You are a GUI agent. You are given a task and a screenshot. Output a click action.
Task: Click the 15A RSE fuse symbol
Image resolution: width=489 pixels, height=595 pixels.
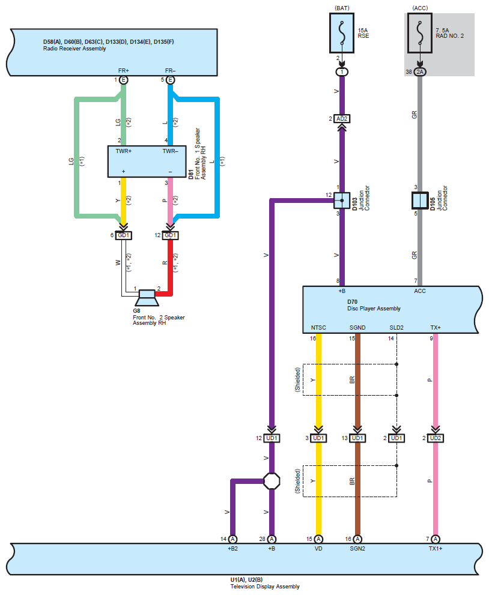tap(342, 33)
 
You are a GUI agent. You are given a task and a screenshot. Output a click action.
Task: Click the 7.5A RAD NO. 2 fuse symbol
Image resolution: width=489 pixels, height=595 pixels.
tap(419, 33)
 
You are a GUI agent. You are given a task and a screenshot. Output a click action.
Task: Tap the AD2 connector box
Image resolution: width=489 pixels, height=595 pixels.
tap(342, 119)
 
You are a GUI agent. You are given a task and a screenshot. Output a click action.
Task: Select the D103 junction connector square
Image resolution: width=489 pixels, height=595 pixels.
tap(342, 201)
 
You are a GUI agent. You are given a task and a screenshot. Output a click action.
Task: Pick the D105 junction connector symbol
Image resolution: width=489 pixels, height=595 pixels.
tap(420, 201)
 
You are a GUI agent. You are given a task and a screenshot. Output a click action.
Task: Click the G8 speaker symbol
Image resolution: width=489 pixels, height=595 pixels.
tap(147, 298)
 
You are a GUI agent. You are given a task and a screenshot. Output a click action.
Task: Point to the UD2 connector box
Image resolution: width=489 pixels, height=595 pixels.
tap(436, 438)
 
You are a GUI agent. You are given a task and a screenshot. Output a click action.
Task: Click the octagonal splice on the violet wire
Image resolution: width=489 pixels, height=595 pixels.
tap(272, 481)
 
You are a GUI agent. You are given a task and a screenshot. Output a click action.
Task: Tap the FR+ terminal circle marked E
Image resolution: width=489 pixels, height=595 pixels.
tap(123, 80)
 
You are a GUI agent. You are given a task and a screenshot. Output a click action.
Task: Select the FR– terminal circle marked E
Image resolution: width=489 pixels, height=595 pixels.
tap(170, 80)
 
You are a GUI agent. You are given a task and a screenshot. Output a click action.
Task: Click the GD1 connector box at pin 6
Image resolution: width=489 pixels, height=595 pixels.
tap(123, 235)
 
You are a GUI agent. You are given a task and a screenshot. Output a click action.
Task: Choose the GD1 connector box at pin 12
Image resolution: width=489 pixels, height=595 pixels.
tap(170, 235)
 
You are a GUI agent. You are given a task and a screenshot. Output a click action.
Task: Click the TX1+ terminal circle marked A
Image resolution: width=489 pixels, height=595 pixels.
tap(436, 539)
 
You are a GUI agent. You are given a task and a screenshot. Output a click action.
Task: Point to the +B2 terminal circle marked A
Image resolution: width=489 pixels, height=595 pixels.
tap(232, 539)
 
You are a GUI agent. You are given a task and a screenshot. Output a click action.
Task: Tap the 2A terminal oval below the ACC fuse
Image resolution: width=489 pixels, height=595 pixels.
tap(419, 71)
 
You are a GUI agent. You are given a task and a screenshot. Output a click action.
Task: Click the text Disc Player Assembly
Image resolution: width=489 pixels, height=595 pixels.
tap(374, 309)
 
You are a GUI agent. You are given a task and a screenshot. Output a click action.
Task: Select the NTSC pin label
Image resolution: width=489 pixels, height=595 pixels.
tap(318, 327)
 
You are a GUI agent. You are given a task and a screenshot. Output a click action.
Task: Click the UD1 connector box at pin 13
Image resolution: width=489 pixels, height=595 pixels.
tap(357, 438)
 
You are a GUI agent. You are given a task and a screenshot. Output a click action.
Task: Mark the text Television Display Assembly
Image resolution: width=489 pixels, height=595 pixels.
tap(265, 587)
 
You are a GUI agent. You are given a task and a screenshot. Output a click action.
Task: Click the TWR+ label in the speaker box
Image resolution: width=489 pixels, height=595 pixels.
tap(123, 151)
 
